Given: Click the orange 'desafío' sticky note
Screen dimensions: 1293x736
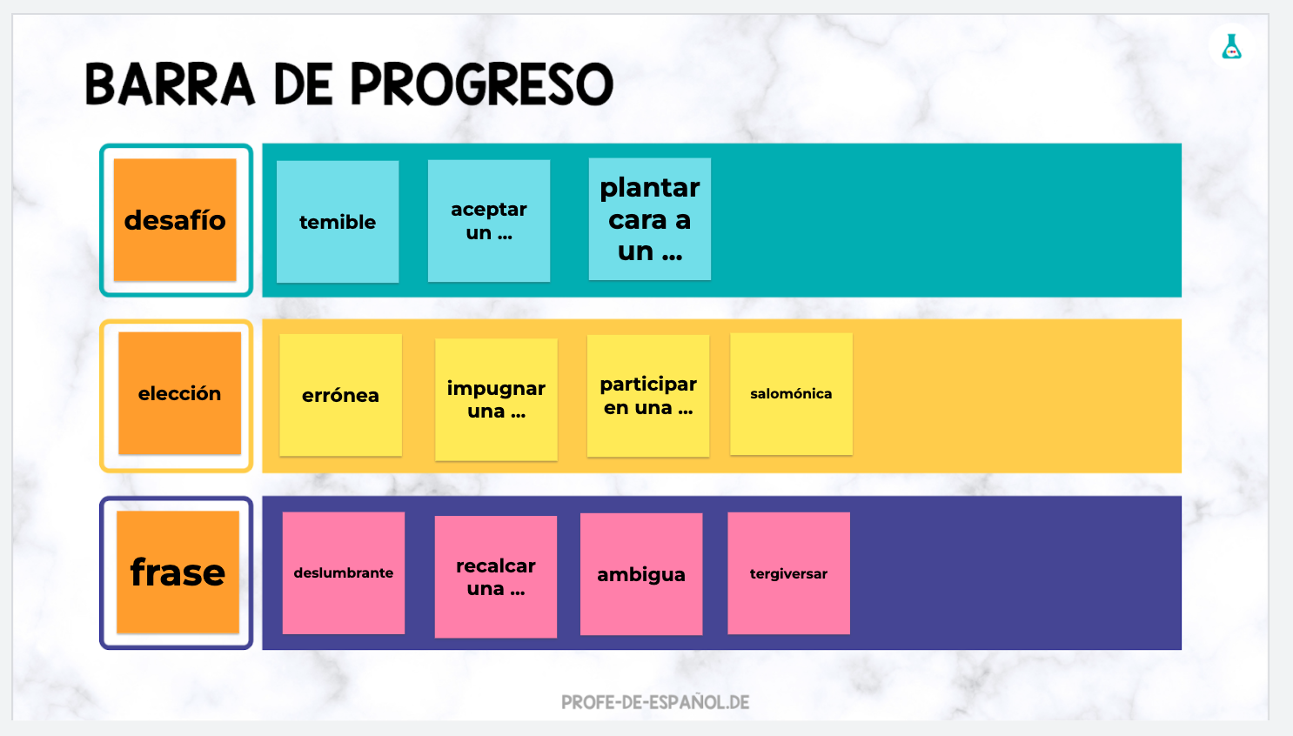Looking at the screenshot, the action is coord(175,220).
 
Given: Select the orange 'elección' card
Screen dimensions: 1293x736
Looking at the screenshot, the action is coord(179,393).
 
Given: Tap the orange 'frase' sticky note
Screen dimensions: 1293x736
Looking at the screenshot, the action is coord(178,572).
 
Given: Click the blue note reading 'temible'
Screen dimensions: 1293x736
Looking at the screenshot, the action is coord(338,222).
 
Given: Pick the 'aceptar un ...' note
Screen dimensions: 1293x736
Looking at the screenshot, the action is coord(489,221).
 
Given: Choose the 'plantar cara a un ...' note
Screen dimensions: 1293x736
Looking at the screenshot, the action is coord(650,219).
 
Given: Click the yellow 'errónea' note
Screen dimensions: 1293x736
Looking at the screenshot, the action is coord(340,396).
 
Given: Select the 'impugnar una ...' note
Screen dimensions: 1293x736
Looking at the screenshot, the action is coord(497,399).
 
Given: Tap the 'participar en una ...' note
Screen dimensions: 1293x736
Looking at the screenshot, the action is coord(648,396).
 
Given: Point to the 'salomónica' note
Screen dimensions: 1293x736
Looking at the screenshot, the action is coord(792,394).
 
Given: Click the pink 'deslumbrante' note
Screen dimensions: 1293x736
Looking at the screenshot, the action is coord(344,573).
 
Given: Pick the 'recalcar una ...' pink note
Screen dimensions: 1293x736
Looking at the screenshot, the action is coord(496,577).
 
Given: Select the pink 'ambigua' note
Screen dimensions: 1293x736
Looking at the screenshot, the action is coord(641,574).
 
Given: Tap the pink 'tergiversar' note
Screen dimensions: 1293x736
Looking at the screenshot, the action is coord(788,573).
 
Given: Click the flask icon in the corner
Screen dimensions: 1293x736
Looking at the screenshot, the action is coord(1232,47).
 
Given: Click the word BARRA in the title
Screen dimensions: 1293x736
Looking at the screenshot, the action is coord(170,84).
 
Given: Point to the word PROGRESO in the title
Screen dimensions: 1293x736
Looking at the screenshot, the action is coord(482,84).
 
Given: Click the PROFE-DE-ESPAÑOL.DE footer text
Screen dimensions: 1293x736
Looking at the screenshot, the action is coord(655,702).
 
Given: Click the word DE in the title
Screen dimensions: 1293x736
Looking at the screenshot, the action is coord(303,84).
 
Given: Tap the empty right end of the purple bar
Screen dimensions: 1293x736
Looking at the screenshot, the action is coord(1016,572).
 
